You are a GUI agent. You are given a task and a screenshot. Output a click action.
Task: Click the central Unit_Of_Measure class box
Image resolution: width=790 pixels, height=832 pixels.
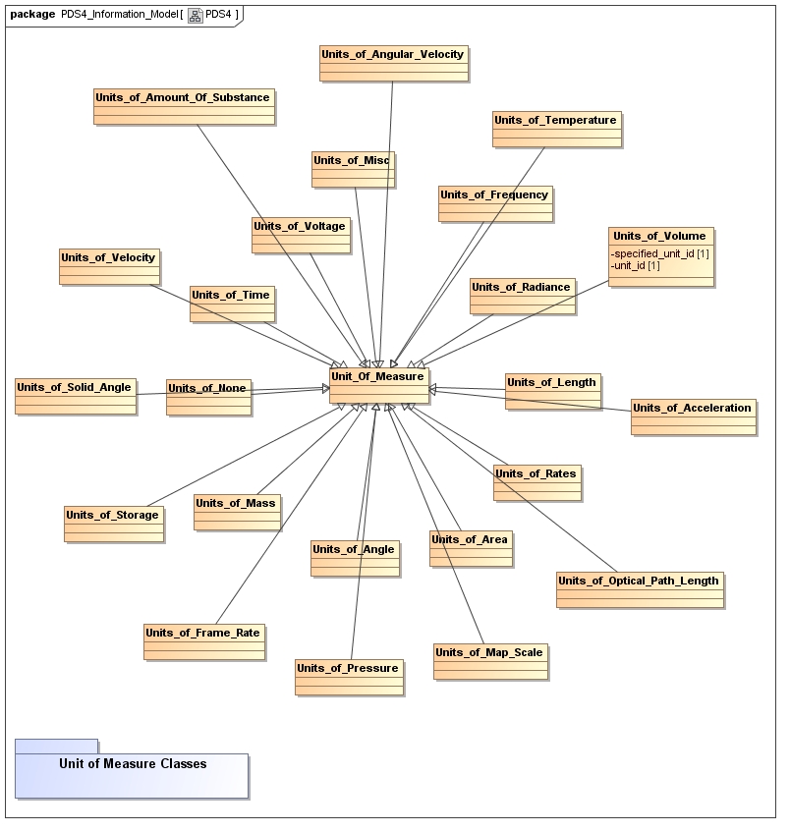[378, 385]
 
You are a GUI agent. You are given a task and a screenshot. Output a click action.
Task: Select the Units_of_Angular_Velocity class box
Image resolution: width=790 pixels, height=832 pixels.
[392, 63]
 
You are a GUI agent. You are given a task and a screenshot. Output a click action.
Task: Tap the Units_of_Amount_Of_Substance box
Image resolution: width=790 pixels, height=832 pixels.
[183, 107]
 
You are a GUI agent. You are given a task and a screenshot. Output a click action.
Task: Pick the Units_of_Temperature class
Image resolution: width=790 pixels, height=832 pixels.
[555, 129]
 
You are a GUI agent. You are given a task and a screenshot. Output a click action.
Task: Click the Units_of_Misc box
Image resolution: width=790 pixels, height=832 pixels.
[353, 169]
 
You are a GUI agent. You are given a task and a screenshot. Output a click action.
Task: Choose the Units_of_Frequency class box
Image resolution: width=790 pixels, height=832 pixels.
[494, 203]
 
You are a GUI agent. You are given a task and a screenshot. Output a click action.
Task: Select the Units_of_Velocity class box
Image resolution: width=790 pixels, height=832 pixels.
[108, 266]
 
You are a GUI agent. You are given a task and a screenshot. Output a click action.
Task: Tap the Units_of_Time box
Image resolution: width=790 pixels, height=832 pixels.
[231, 304]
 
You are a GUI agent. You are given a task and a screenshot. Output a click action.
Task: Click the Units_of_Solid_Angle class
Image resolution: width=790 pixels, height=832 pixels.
[75, 396]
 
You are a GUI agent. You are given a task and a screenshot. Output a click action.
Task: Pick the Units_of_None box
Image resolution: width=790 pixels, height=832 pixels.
[207, 397]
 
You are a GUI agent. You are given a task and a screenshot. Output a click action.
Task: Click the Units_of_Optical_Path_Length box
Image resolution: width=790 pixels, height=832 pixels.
[639, 589]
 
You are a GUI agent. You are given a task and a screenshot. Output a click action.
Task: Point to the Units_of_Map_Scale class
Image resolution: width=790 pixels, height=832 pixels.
[488, 661]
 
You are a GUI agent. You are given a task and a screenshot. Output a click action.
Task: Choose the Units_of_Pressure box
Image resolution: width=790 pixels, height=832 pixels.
[348, 677]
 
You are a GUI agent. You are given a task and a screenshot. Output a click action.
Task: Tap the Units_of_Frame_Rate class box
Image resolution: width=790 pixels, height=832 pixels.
[203, 641]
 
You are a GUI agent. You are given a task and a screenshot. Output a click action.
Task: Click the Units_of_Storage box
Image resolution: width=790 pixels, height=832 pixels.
[112, 523]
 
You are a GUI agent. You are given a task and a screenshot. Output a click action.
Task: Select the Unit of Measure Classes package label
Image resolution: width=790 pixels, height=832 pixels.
[132, 763]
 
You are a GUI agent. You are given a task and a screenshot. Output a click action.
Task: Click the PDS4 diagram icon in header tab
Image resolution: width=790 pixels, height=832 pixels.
[195, 15]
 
